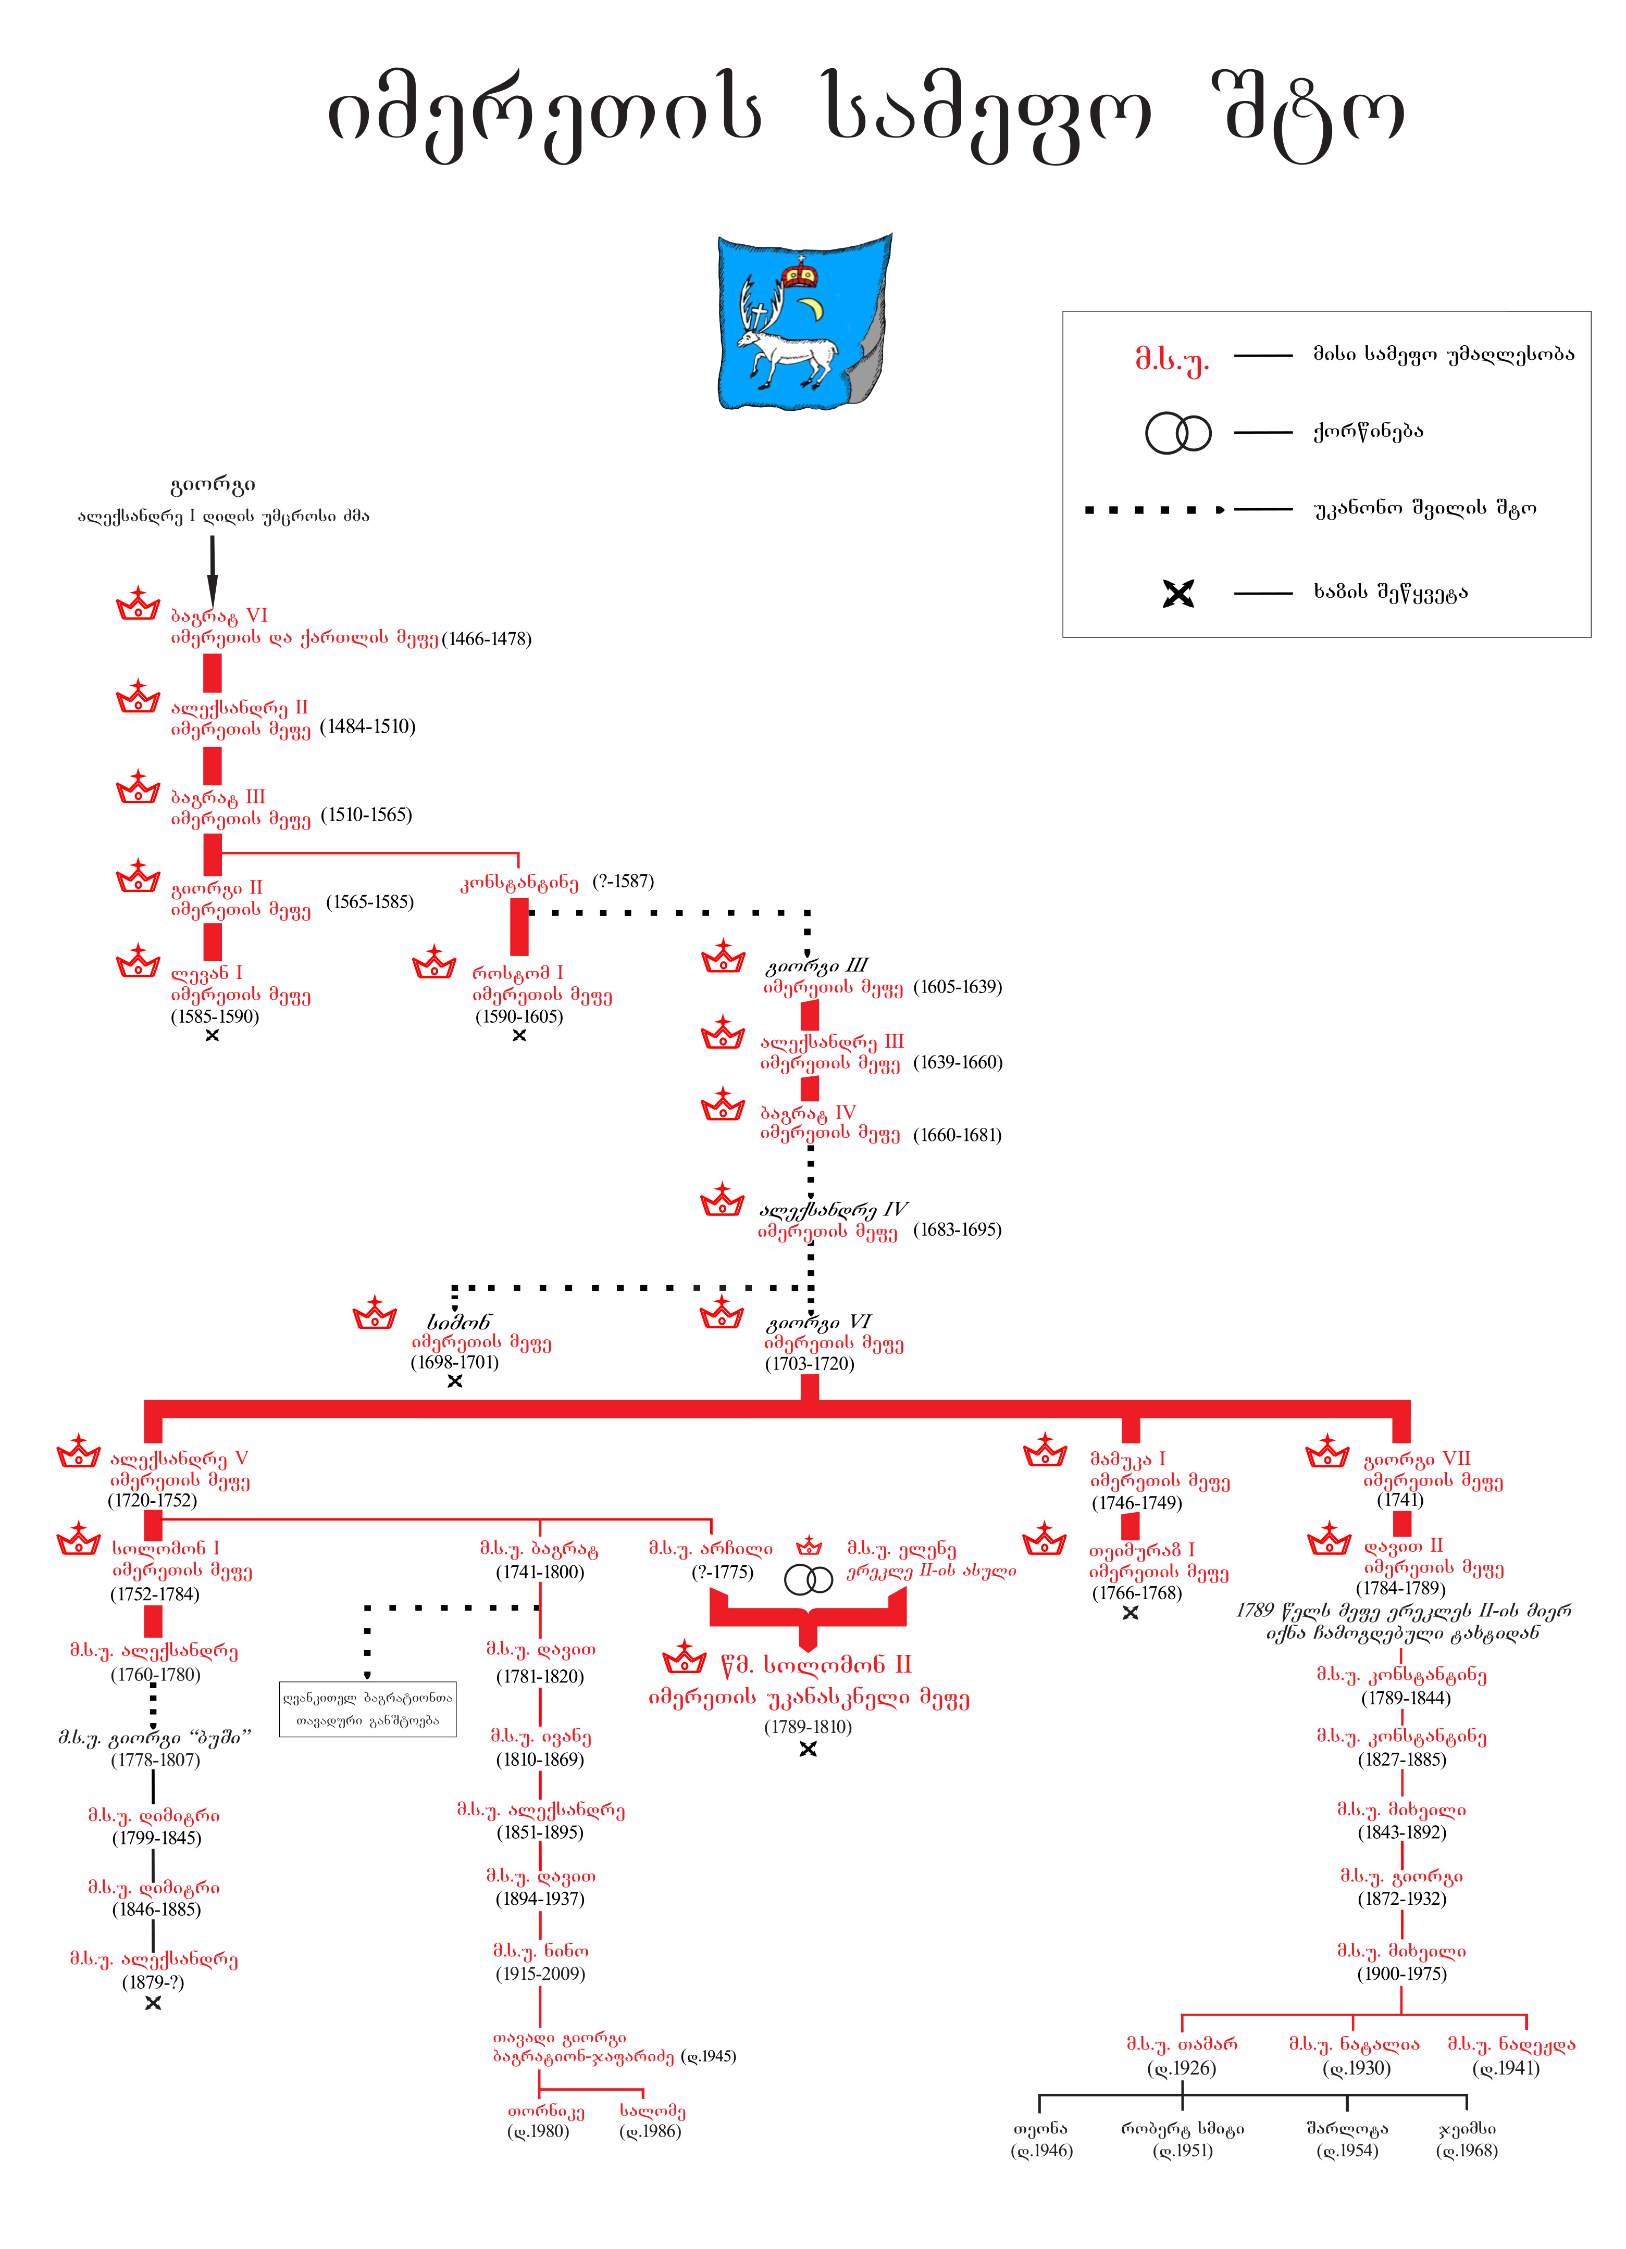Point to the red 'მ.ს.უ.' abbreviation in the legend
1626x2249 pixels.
[x=1172, y=358]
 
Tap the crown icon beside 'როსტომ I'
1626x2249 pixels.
[x=433, y=962]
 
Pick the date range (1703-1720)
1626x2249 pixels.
[x=809, y=1363]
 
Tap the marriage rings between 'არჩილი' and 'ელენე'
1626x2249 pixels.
[x=809, y=1579]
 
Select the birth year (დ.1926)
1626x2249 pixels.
[x=1182, y=2068]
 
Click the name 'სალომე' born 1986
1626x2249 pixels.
[x=652, y=2111]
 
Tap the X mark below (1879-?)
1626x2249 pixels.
[x=153, y=2003]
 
